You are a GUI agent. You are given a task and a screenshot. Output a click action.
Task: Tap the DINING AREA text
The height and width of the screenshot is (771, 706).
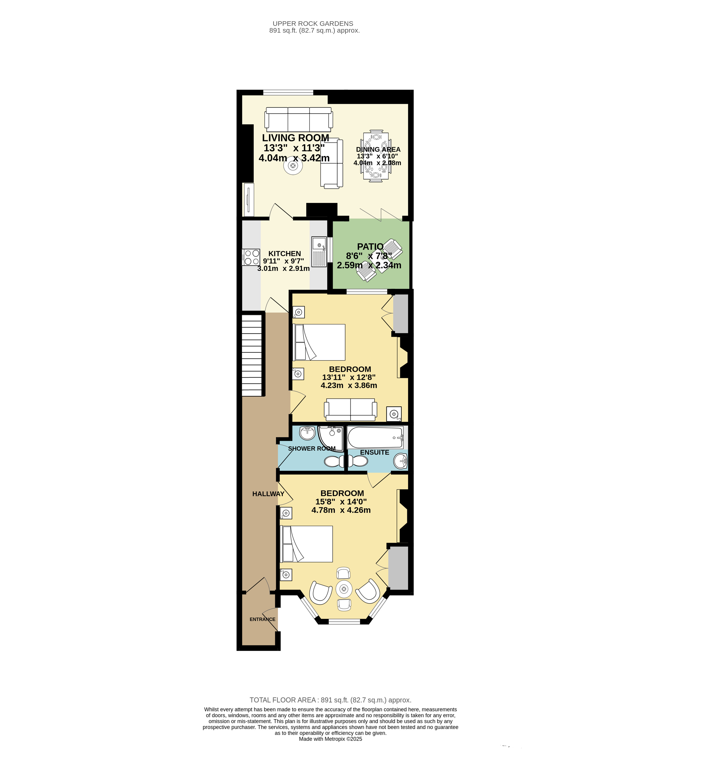[378, 149]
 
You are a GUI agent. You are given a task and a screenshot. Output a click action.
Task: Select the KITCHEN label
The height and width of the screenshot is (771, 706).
[284, 253]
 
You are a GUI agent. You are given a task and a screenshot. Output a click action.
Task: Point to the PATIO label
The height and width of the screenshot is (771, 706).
[370, 247]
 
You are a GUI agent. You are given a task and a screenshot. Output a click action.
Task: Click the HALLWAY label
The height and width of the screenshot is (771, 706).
[268, 494]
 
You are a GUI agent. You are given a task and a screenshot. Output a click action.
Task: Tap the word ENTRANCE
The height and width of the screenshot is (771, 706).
[262, 619]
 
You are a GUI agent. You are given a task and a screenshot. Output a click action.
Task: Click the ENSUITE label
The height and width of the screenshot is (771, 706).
[374, 452]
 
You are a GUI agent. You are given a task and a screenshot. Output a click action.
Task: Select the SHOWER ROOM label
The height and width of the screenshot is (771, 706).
[312, 449]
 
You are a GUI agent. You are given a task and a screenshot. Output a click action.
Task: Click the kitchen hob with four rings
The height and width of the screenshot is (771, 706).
[251, 257]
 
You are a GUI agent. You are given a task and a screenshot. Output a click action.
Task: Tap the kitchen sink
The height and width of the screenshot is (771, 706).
[319, 252]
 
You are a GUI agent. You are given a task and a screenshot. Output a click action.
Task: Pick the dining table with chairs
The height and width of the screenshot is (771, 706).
[376, 156]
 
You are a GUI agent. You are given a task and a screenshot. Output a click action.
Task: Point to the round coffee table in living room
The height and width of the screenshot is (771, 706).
[293, 166]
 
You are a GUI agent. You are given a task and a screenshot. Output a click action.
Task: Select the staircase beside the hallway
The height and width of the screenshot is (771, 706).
[252, 355]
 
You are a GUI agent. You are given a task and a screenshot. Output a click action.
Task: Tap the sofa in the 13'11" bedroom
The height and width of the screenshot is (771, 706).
[350, 409]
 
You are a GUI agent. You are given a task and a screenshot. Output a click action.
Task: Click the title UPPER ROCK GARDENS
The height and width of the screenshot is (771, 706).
[313, 24]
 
